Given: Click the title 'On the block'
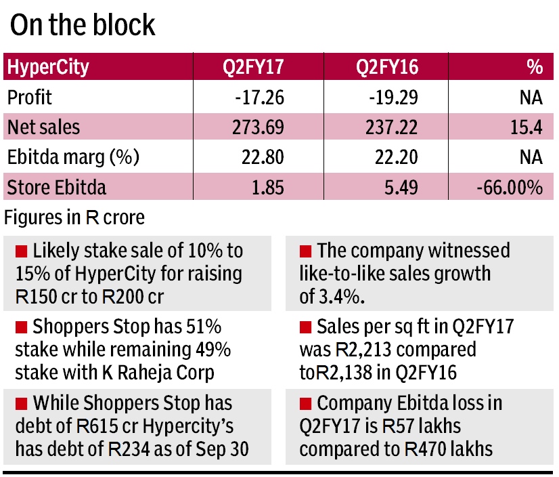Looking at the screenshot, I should pyautogui.click(x=83, y=25).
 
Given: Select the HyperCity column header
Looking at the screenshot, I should pyautogui.click(x=47, y=68).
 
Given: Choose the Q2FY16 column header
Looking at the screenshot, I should pyautogui.click(x=388, y=68).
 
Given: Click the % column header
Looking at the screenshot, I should pyautogui.click(x=535, y=68).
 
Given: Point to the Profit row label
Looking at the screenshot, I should pyautogui.click(x=29, y=98).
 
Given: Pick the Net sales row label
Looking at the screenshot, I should pyautogui.click(x=43, y=127).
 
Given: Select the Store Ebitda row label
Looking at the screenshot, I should pyautogui.click(x=56, y=187).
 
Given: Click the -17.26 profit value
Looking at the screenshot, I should pyautogui.click(x=260, y=98).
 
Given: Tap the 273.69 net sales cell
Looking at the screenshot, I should pyautogui.click(x=259, y=127).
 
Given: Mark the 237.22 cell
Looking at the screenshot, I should pyautogui.click(x=393, y=127).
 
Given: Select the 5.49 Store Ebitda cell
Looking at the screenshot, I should pyautogui.click(x=402, y=187).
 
